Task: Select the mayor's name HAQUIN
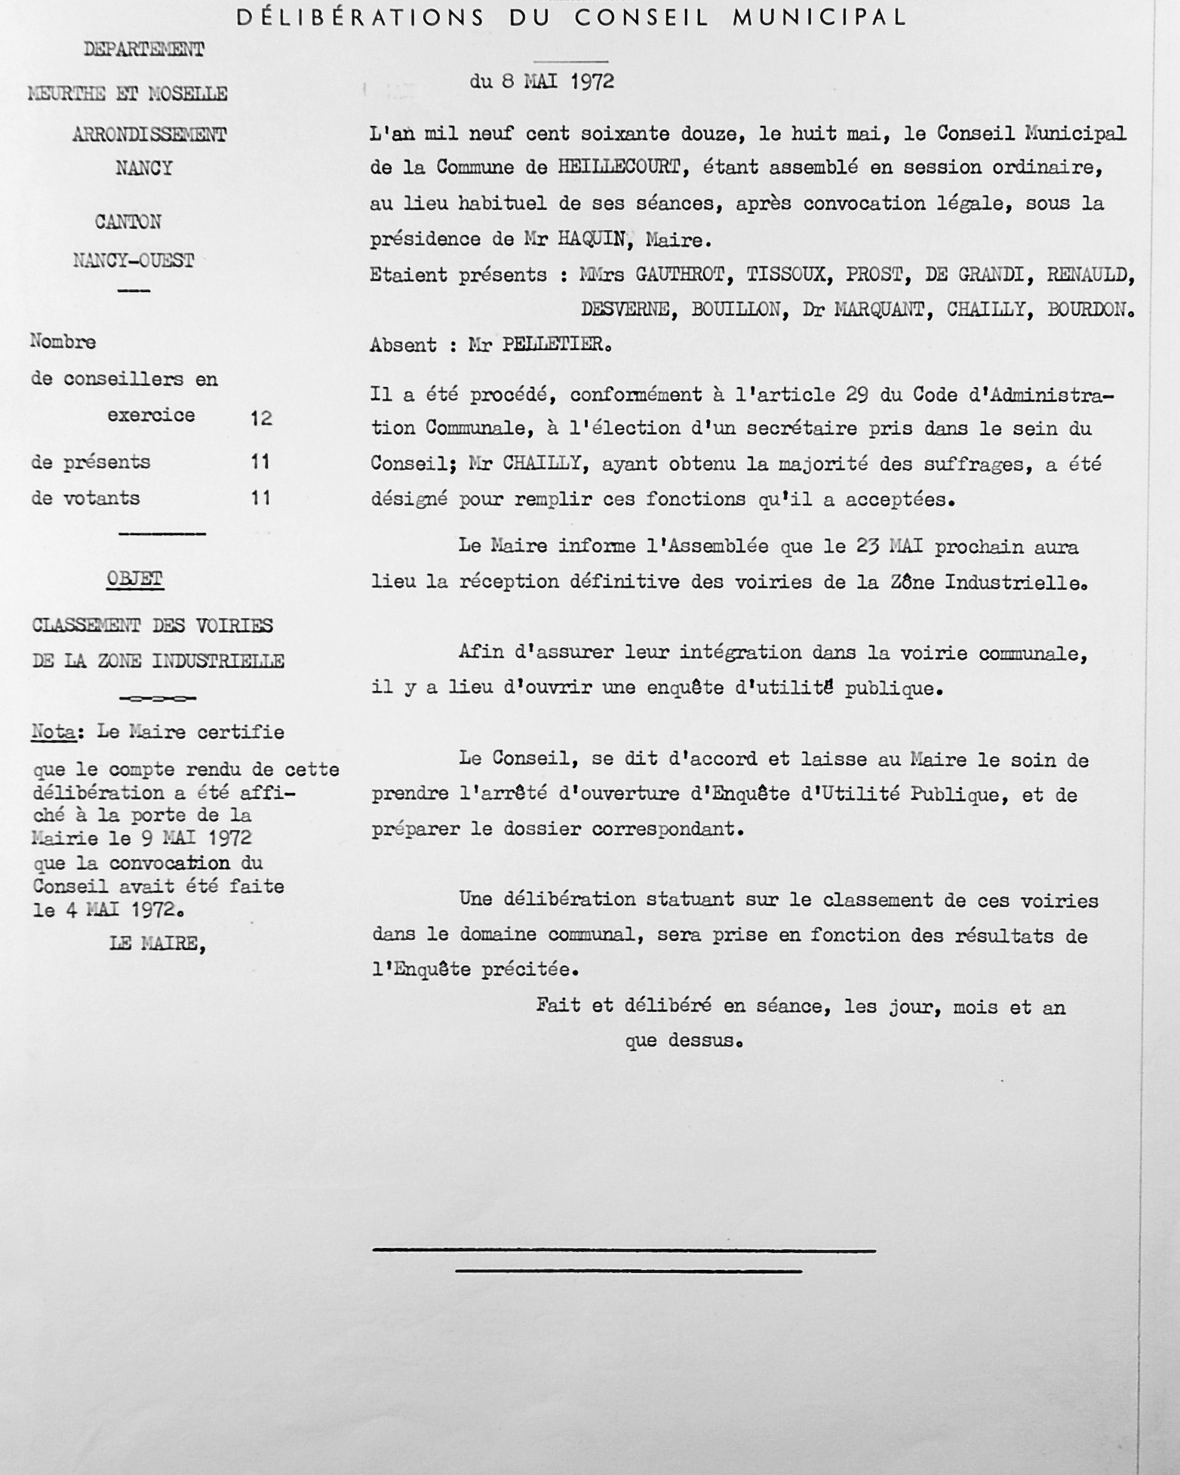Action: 592,240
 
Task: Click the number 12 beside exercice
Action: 261,417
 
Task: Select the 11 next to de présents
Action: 260,462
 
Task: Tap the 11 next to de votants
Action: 260,498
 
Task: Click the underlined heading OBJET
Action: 135,579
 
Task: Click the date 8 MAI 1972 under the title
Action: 558,81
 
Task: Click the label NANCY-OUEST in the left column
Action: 134,261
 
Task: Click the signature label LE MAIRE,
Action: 157,943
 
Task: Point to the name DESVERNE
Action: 624,310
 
